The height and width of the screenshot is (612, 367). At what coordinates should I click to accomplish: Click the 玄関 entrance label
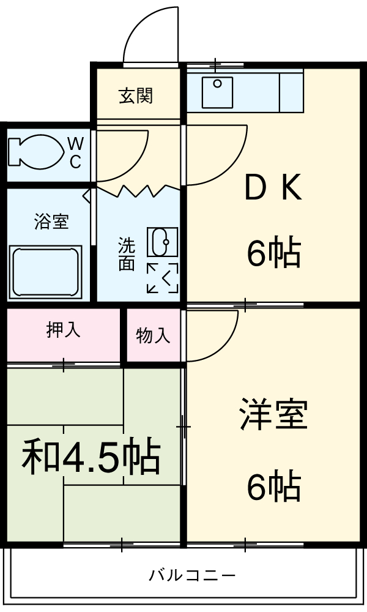click(136, 96)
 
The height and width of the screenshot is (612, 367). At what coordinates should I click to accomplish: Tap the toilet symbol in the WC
click(34, 151)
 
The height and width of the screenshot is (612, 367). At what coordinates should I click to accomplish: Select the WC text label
click(75, 152)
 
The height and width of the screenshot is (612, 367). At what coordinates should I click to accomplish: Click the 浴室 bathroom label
click(51, 222)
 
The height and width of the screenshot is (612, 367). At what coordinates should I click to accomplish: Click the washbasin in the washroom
click(161, 242)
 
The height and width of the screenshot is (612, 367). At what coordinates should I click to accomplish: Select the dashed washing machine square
click(162, 278)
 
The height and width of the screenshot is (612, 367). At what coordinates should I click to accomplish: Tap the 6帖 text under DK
click(273, 253)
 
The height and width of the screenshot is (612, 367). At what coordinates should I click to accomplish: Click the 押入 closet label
click(63, 330)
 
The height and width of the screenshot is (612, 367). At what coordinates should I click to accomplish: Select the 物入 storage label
click(153, 335)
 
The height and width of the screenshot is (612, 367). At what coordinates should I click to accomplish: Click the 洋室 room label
click(273, 414)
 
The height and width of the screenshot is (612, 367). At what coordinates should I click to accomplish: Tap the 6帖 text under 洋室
click(273, 487)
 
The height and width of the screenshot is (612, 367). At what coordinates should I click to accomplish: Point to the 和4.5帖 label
click(92, 457)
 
